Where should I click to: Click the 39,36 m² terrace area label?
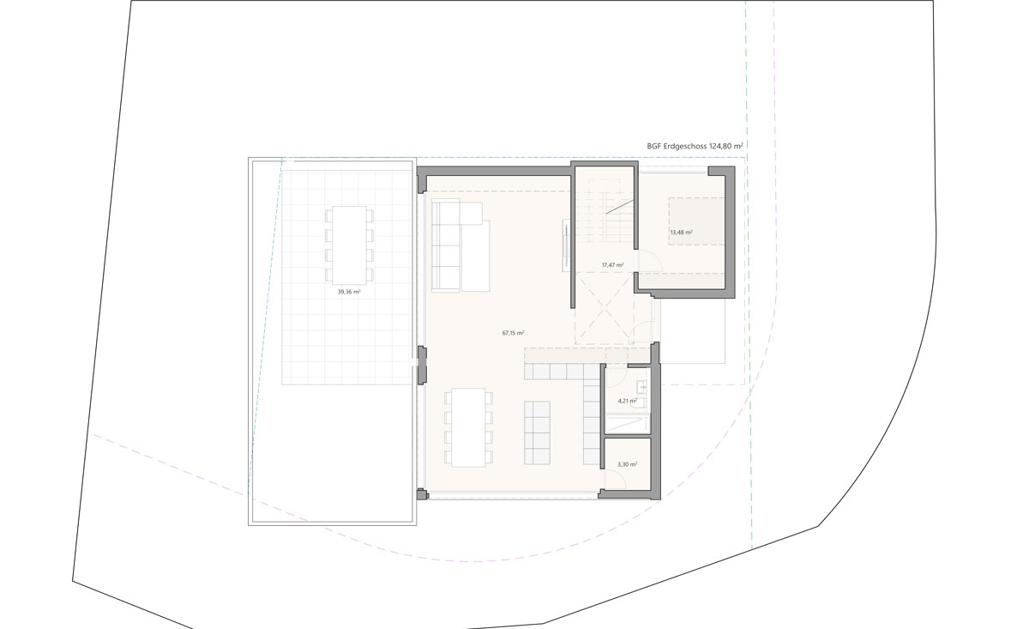(349, 292)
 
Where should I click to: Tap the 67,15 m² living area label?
(513, 333)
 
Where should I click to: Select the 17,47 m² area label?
(613, 265)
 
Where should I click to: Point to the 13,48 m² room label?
(681, 233)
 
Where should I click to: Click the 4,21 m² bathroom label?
(627, 401)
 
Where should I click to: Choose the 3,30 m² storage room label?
(627, 464)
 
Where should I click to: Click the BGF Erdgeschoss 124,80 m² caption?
(695, 146)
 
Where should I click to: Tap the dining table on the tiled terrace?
(349, 245)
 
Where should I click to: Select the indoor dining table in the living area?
(468, 427)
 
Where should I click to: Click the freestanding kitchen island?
(537, 432)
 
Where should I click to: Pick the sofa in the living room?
(460, 245)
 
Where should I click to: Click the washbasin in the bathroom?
(641, 388)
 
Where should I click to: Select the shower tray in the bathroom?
(627, 423)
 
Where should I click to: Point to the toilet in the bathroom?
(641, 403)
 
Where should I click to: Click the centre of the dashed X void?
(605, 308)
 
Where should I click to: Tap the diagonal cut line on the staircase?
(620, 207)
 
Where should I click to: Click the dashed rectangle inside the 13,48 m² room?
(697, 221)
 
